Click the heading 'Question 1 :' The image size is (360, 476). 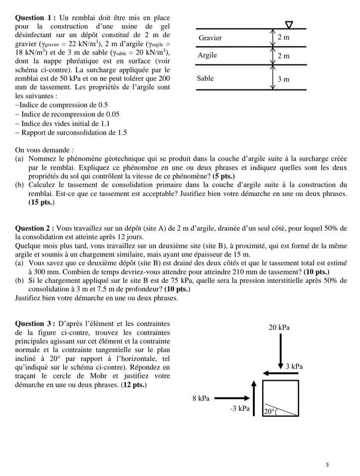pos(34,18)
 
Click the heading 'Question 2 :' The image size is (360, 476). pos(34,228)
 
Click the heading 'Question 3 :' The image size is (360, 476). pos(34,324)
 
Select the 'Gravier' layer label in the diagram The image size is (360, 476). pos(210,38)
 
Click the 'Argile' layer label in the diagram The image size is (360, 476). pos(207,55)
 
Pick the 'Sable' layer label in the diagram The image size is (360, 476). pos(205,78)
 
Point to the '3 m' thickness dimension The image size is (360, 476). pos(284,79)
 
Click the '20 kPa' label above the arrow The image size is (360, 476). pos(279,327)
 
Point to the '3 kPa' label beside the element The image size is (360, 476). pos(294,367)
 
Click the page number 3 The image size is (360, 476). pos(327,464)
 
